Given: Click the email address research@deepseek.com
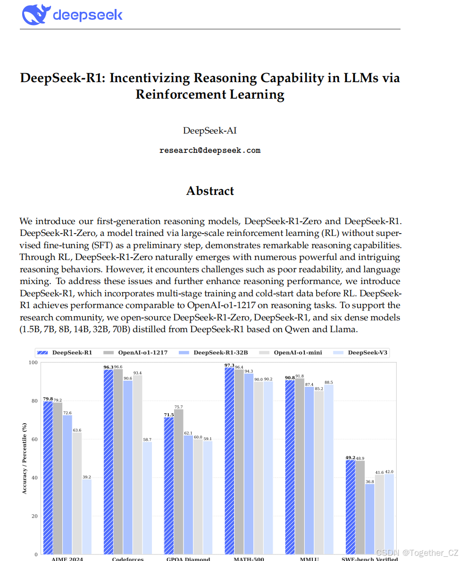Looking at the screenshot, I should pyautogui.click(x=210, y=151).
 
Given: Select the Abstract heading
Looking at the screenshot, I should pyautogui.click(x=210, y=191).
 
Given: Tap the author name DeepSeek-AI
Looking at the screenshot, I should pyautogui.click(x=210, y=131).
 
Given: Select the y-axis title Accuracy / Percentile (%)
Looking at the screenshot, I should pyautogui.click(x=24, y=458).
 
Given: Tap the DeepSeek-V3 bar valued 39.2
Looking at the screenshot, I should pyautogui.click(x=86, y=516).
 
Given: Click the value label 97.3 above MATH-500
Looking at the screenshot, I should pyautogui.click(x=229, y=365).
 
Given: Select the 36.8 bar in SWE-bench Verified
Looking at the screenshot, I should pyautogui.click(x=369, y=519).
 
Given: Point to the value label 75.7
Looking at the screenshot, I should pyautogui.click(x=178, y=407).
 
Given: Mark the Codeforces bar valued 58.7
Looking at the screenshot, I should pyautogui.click(x=147, y=498).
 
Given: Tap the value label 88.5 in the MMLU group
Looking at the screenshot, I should pyautogui.click(x=328, y=382).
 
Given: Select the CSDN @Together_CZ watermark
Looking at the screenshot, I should pyautogui.click(x=417, y=553).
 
